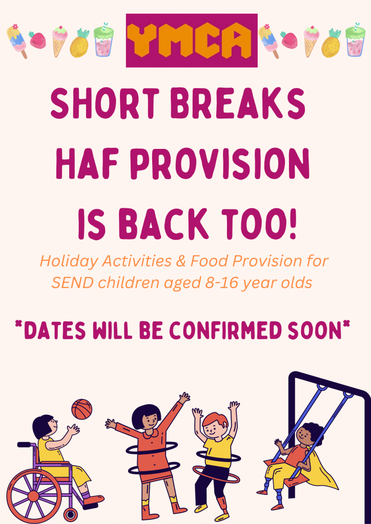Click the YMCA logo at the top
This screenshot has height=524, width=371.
[192, 40]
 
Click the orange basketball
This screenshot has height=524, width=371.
[81, 409]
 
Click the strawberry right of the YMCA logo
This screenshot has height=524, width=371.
[288, 39]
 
